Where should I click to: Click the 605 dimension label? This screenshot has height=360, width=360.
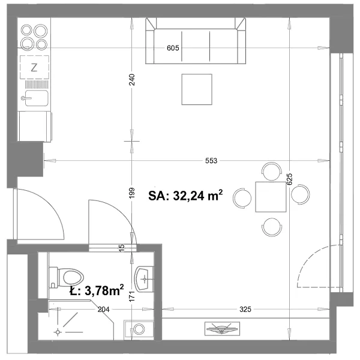point(173,48)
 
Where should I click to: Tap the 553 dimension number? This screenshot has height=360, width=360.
point(211,161)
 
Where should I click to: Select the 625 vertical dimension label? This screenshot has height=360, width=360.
point(290,179)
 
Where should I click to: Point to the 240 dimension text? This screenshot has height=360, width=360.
point(132,80)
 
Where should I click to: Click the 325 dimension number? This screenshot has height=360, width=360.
point(245,309)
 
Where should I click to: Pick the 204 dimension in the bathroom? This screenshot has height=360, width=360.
point(104,310)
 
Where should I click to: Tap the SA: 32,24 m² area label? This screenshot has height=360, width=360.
point(185,196)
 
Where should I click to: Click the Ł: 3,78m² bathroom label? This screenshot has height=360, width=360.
point(97,290)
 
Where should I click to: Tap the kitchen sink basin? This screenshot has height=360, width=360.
point(37,98)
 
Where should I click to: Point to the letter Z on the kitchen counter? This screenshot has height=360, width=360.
point(34,68)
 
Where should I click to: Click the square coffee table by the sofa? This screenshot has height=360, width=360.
point(197,89)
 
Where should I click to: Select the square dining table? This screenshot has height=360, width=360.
point(271,197)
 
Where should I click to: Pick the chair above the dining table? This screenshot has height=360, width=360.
point(272,172)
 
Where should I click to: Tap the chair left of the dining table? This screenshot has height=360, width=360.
point(242,198)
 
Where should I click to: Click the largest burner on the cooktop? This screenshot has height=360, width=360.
point(41,31)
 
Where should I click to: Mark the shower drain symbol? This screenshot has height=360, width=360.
point(58,332)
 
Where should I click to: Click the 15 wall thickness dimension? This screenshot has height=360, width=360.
point(122,247)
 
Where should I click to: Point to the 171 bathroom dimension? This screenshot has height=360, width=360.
point(132,296)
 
